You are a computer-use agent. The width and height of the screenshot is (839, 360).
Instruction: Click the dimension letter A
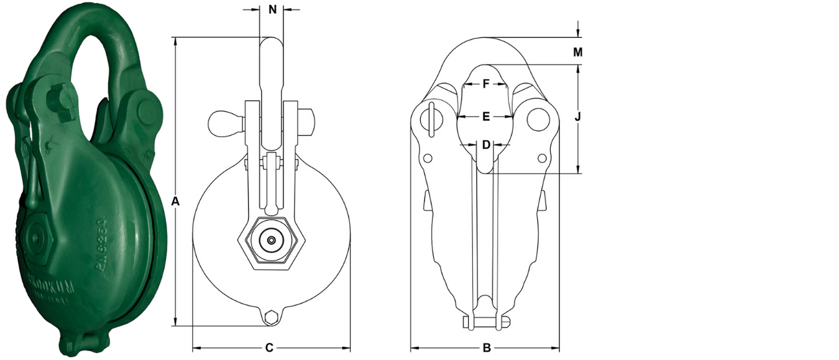tap(175, 201)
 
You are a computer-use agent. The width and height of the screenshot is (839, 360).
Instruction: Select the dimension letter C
tap(269, 348)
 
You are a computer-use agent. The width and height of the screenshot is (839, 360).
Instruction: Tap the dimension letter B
tap(487, 348)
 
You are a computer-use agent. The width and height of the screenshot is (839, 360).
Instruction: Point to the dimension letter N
tap(272, 9)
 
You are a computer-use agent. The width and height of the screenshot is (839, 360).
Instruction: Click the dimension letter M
tap(578, 52)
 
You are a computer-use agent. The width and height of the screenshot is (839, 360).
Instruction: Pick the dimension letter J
tap(578, 116)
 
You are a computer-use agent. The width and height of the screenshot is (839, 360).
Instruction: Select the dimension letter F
tap(487, 83)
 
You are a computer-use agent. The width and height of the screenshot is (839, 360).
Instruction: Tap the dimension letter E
tap(487, 116)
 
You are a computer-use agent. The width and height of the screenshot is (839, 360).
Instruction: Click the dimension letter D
tap(487, 144)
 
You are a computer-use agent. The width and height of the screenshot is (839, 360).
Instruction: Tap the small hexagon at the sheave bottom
tap(270, 318)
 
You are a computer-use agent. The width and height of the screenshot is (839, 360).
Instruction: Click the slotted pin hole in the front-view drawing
tap(431, 118)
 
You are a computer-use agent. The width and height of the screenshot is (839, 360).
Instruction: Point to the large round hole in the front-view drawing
tap(538, 119)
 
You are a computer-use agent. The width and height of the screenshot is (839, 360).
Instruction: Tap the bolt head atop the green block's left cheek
tap(58, 99)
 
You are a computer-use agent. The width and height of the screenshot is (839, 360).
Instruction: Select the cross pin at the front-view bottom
tap(487, 321)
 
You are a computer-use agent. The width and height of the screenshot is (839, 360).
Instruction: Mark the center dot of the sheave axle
tap(271, 241)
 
